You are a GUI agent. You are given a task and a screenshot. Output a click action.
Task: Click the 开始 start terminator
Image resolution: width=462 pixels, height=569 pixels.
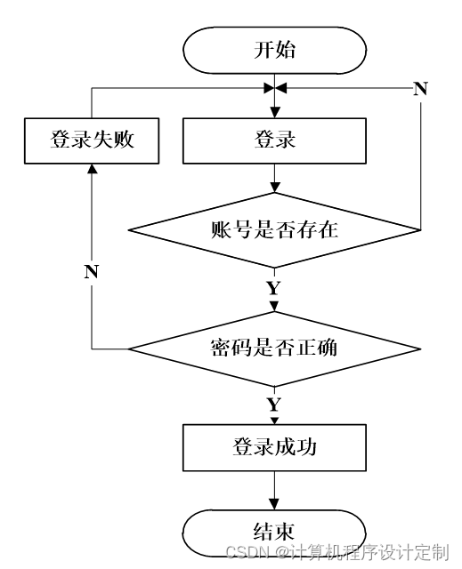pyautogui.click(x=274, y=50)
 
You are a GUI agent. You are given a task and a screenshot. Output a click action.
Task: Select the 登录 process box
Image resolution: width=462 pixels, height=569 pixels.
pyautogui.click(x=274, y=140)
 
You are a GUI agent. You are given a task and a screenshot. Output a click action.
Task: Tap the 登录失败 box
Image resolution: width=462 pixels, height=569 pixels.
pyautogui.click(x=92, y=140)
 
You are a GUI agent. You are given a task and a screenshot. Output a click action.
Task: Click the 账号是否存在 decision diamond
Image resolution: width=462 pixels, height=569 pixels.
pyautogui.click(x=274, y=230)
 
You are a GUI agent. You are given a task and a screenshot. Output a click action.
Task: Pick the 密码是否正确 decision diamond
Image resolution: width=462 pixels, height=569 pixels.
pyautogui.click(x=274, y=349)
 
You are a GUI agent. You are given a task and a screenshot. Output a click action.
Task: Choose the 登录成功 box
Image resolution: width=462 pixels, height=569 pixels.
pyautogui.click(x=274, y=447)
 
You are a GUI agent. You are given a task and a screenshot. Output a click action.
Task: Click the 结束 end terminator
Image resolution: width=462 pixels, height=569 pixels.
pyautogui.click(x=274, y=533)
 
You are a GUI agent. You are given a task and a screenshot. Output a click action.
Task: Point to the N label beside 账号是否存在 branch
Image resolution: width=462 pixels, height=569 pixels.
pyautogui.click(x=420, y=89)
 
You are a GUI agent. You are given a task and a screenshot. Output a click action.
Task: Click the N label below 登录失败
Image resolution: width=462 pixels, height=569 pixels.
pyautogui.click(x=92, y=271)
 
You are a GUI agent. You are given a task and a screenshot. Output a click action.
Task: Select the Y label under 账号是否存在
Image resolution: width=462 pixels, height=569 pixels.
pyautogui.click(x=274, y=288)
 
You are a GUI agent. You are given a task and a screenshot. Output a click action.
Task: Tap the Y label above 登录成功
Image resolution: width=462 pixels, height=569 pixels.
pyautogui.click(x=274, y=405)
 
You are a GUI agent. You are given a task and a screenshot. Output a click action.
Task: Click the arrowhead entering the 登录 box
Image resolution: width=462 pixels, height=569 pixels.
pyautogui.click(x=274, y=113)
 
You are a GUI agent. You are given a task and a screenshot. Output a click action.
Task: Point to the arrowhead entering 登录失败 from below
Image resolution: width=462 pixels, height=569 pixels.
pyautogui.click(x=92, y=169)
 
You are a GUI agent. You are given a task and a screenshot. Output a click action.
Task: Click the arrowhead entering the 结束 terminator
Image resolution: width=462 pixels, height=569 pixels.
pyautogui.click(x=274, y=504)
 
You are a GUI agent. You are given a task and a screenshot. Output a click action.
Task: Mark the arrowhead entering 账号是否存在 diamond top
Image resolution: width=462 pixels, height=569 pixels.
pyautogui.click(x=274, y=187)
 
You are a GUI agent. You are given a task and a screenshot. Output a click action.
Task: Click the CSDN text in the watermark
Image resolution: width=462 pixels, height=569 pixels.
pyautogui.click(x=247, y=552)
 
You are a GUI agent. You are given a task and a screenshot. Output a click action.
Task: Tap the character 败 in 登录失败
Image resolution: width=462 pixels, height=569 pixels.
pyautogui.click(x=125, y=140)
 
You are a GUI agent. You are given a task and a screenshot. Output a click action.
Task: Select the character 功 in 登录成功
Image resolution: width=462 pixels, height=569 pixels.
pyautogui.click(x=306, y=446)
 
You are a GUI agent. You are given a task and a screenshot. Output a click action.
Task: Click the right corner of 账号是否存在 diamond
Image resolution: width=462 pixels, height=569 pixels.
pyautogui.click(x=420, y=230)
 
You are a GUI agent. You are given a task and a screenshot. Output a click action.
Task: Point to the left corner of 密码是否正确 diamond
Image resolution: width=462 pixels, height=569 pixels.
pyautogui.click(x=128, y=349)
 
